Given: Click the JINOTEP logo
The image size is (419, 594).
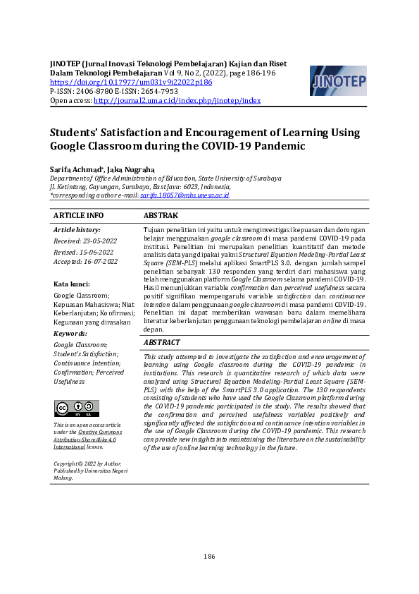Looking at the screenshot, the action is pos(337,81).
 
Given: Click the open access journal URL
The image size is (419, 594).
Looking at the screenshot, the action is pos(177,101).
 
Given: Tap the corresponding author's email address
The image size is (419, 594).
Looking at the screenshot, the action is pos(185,195).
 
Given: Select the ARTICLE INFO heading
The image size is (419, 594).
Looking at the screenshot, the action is pos(78,215).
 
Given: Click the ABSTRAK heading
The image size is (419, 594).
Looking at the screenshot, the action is pos(161,215).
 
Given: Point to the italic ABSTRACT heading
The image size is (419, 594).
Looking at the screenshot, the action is pos(166,342).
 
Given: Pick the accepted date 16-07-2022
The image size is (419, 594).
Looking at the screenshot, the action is pos(77,261).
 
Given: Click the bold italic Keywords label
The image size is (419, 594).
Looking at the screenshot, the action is pos(70,333).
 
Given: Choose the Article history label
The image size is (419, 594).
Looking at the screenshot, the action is pos(77,230).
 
